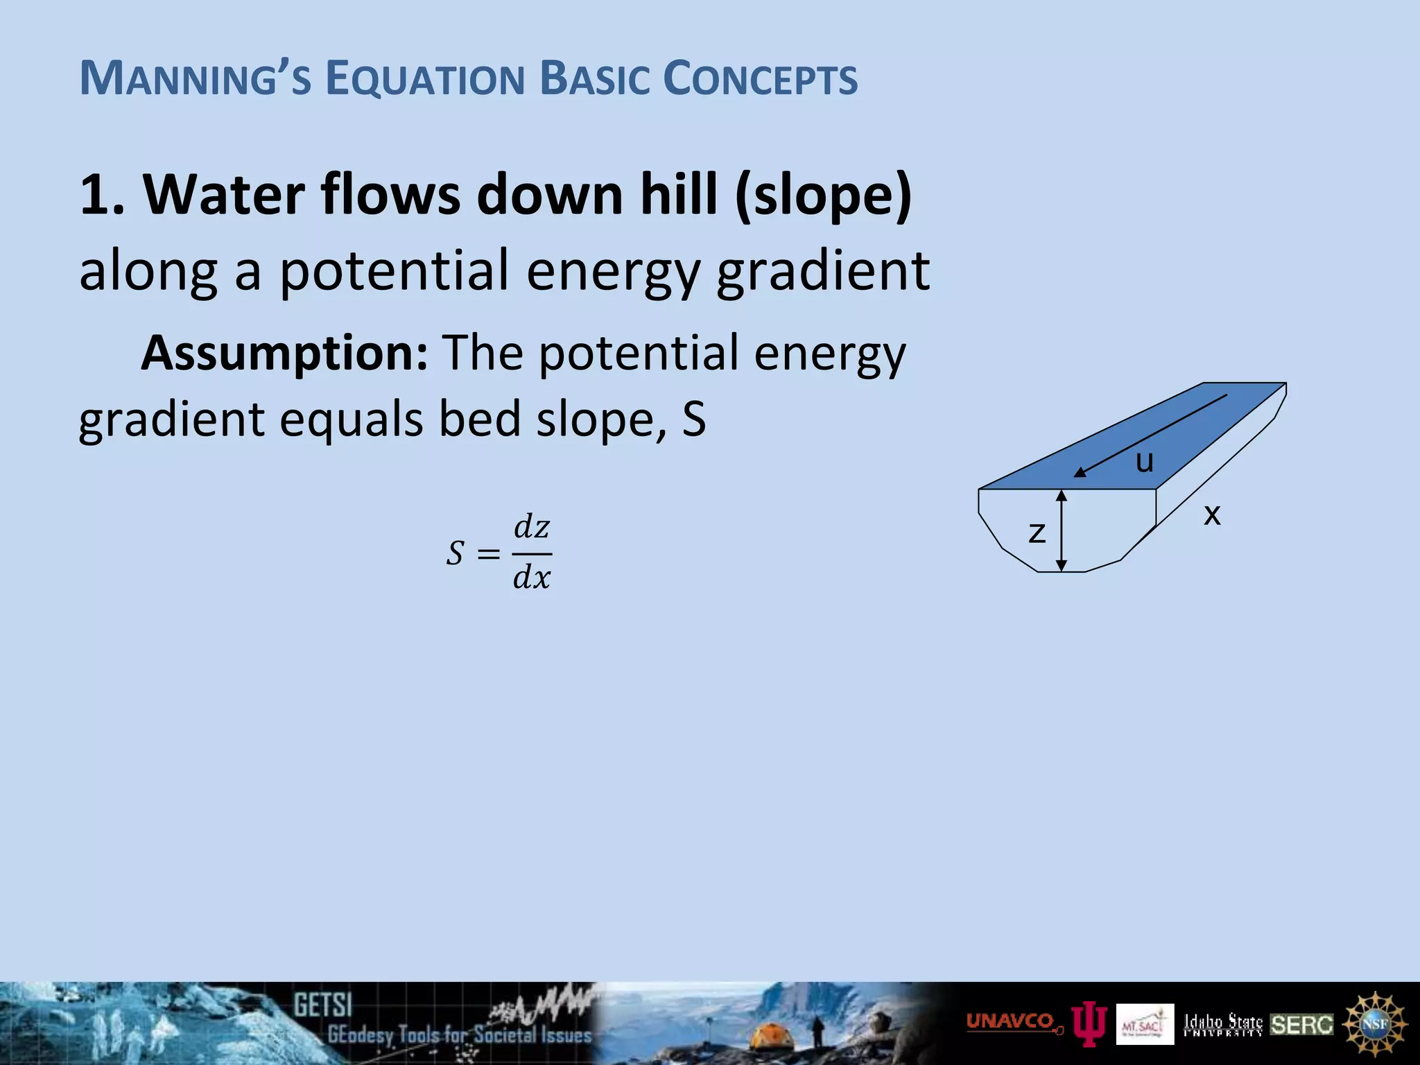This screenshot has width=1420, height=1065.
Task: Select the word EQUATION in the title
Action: [x=424, y=79]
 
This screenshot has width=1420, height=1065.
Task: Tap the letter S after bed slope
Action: [x=693, y=420]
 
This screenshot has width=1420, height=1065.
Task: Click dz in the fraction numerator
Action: [x=532, y=528]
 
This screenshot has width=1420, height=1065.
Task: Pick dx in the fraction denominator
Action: [x=532, y=577]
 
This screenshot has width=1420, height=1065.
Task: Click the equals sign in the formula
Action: [x=488, y=553]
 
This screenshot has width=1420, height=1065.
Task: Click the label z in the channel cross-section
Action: [x=1037, y=532]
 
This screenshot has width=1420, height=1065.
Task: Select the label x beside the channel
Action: [x=1211, y=514]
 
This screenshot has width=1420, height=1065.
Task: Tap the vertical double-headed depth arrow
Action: [x=1061, y=530]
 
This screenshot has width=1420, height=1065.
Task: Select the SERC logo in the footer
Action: [x=1301, y=1025]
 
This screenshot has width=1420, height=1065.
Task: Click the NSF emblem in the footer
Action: [x=1374, y=1024]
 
